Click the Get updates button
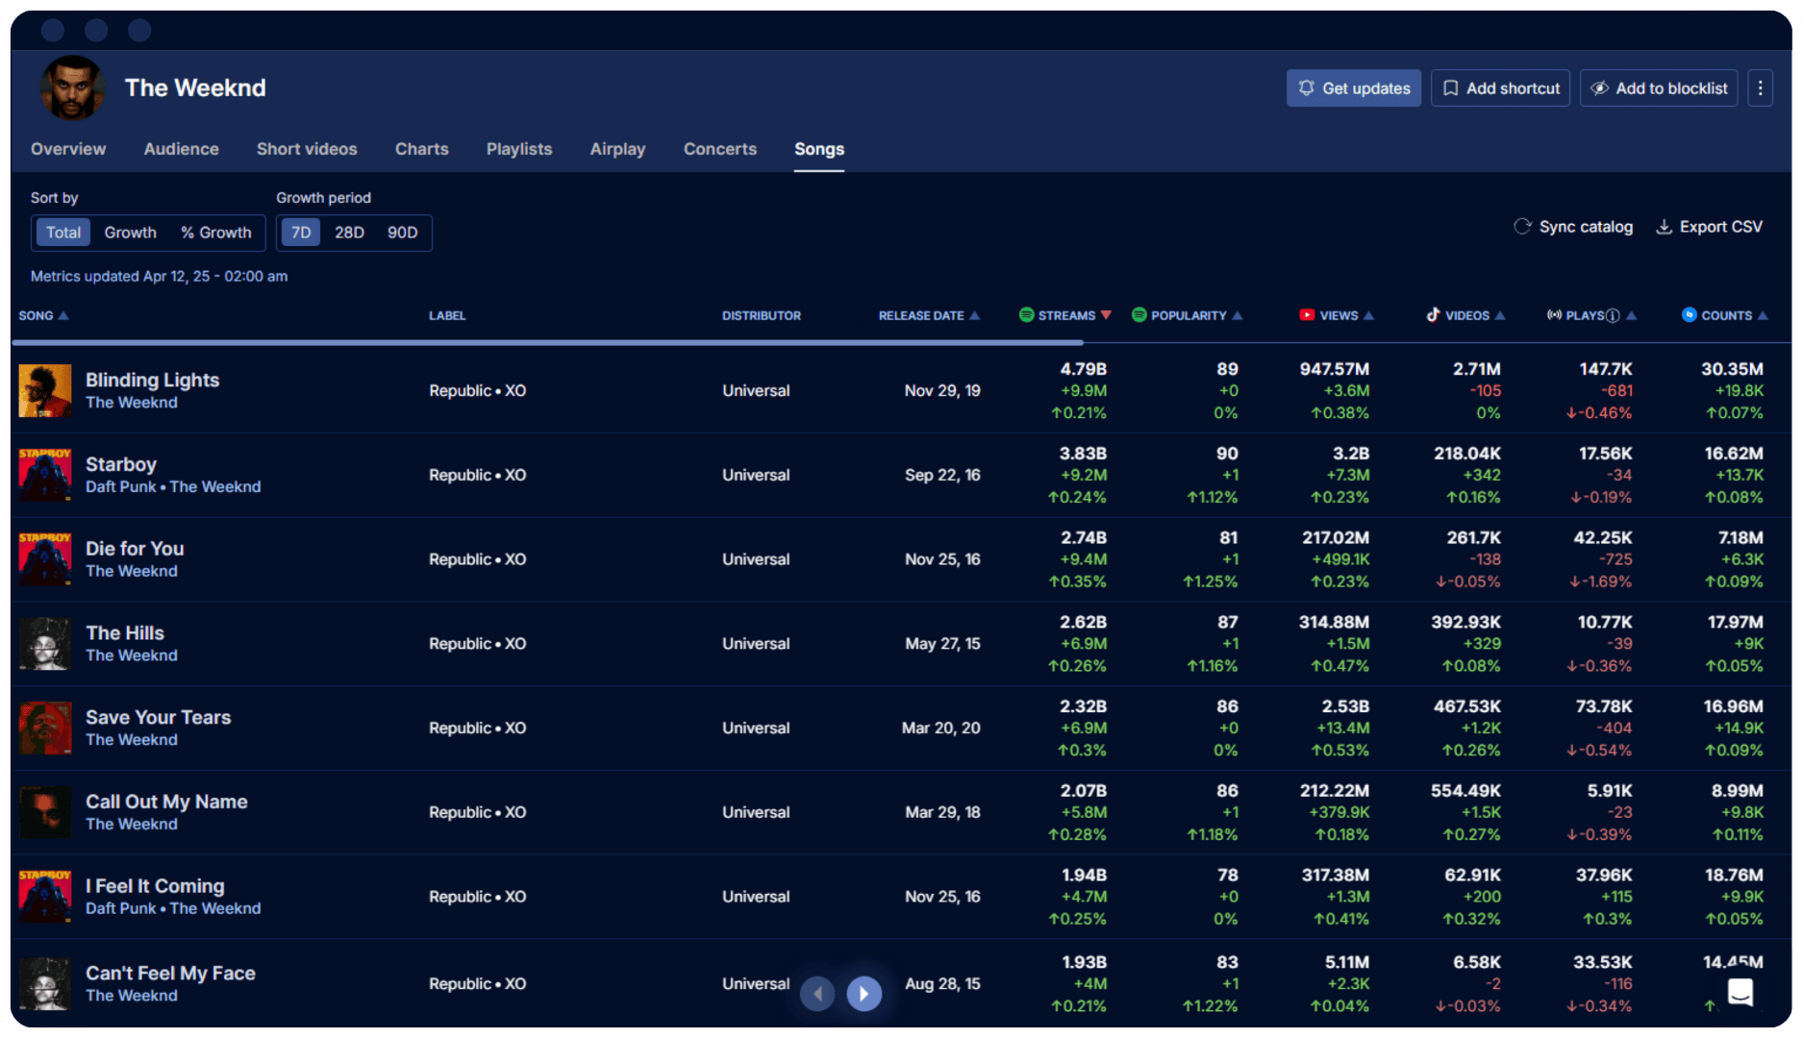tap(1353, 88)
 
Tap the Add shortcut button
tap(1500, 88)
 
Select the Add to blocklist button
tap(1659, 88)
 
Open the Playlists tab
tap(519, 149)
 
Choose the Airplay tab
tap(617, 149)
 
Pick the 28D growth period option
tap(349, 233)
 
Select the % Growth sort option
tap(216, 233)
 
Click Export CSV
tap(1710, 227)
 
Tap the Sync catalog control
tap(1573, 227)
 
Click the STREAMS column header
tap(1065, 315)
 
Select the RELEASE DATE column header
tap(921, 315)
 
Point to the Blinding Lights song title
tap(152, 380)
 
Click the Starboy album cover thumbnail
tap(45, 474)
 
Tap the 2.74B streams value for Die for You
tap(1083, 537)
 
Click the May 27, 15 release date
tap(942, 644)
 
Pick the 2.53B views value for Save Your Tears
tap(1344, 706)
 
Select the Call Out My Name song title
tap(166, 802)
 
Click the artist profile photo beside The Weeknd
tap(72, 88)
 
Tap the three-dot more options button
tap(1761, 88)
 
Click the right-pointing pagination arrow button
tap(864, 993)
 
